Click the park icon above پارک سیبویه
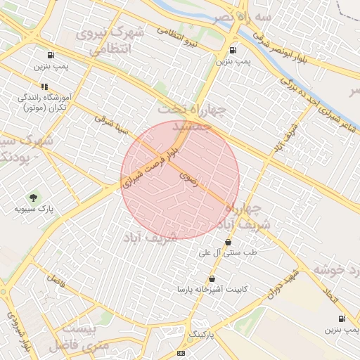coord(32,197)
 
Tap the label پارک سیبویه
coord(34,209)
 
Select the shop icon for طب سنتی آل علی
coord(227,242)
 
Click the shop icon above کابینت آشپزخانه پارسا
coord(212,278)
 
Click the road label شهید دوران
coord(283,281)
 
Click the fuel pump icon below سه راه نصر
coord(233,50)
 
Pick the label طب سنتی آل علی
coord(227,252)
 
